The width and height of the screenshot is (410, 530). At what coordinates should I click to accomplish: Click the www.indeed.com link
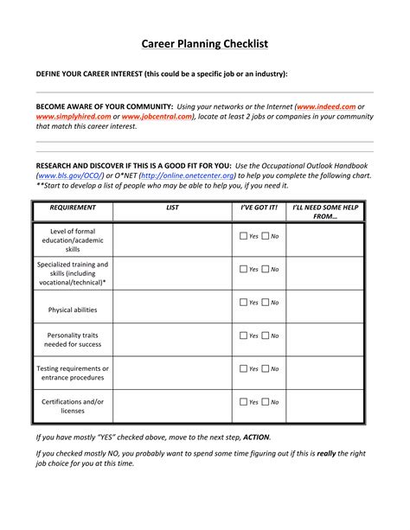(x=326, y=105)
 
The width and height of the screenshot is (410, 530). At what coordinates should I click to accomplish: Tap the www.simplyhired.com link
(x=73, y=116)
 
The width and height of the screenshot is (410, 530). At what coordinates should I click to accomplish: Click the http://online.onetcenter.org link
(x=188, y=176)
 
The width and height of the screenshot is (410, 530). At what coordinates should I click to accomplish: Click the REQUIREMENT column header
(x=73, y=208)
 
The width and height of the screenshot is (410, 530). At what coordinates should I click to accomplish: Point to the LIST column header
(x=172, y=208)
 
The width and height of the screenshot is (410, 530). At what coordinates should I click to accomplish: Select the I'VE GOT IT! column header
(x=259, y=208)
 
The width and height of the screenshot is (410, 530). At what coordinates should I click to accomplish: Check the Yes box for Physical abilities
(x=243, y=303)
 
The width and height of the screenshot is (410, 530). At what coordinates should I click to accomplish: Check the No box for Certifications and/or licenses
(x=266, y=402)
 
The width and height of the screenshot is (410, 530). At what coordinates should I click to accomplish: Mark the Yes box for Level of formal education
(x=243, y=236)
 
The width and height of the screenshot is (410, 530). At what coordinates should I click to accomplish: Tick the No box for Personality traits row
(x=266, y=335)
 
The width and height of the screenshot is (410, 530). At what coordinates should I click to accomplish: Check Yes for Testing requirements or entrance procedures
(x=243, y=368)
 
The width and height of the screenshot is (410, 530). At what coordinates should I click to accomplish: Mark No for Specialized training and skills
(x=266, y=269)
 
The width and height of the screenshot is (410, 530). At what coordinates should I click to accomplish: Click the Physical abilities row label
(x=73, y=310)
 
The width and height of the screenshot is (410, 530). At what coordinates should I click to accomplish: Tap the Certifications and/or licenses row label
(x=73, y=406)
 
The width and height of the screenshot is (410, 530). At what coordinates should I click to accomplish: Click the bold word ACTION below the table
(x=256, y=437)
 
